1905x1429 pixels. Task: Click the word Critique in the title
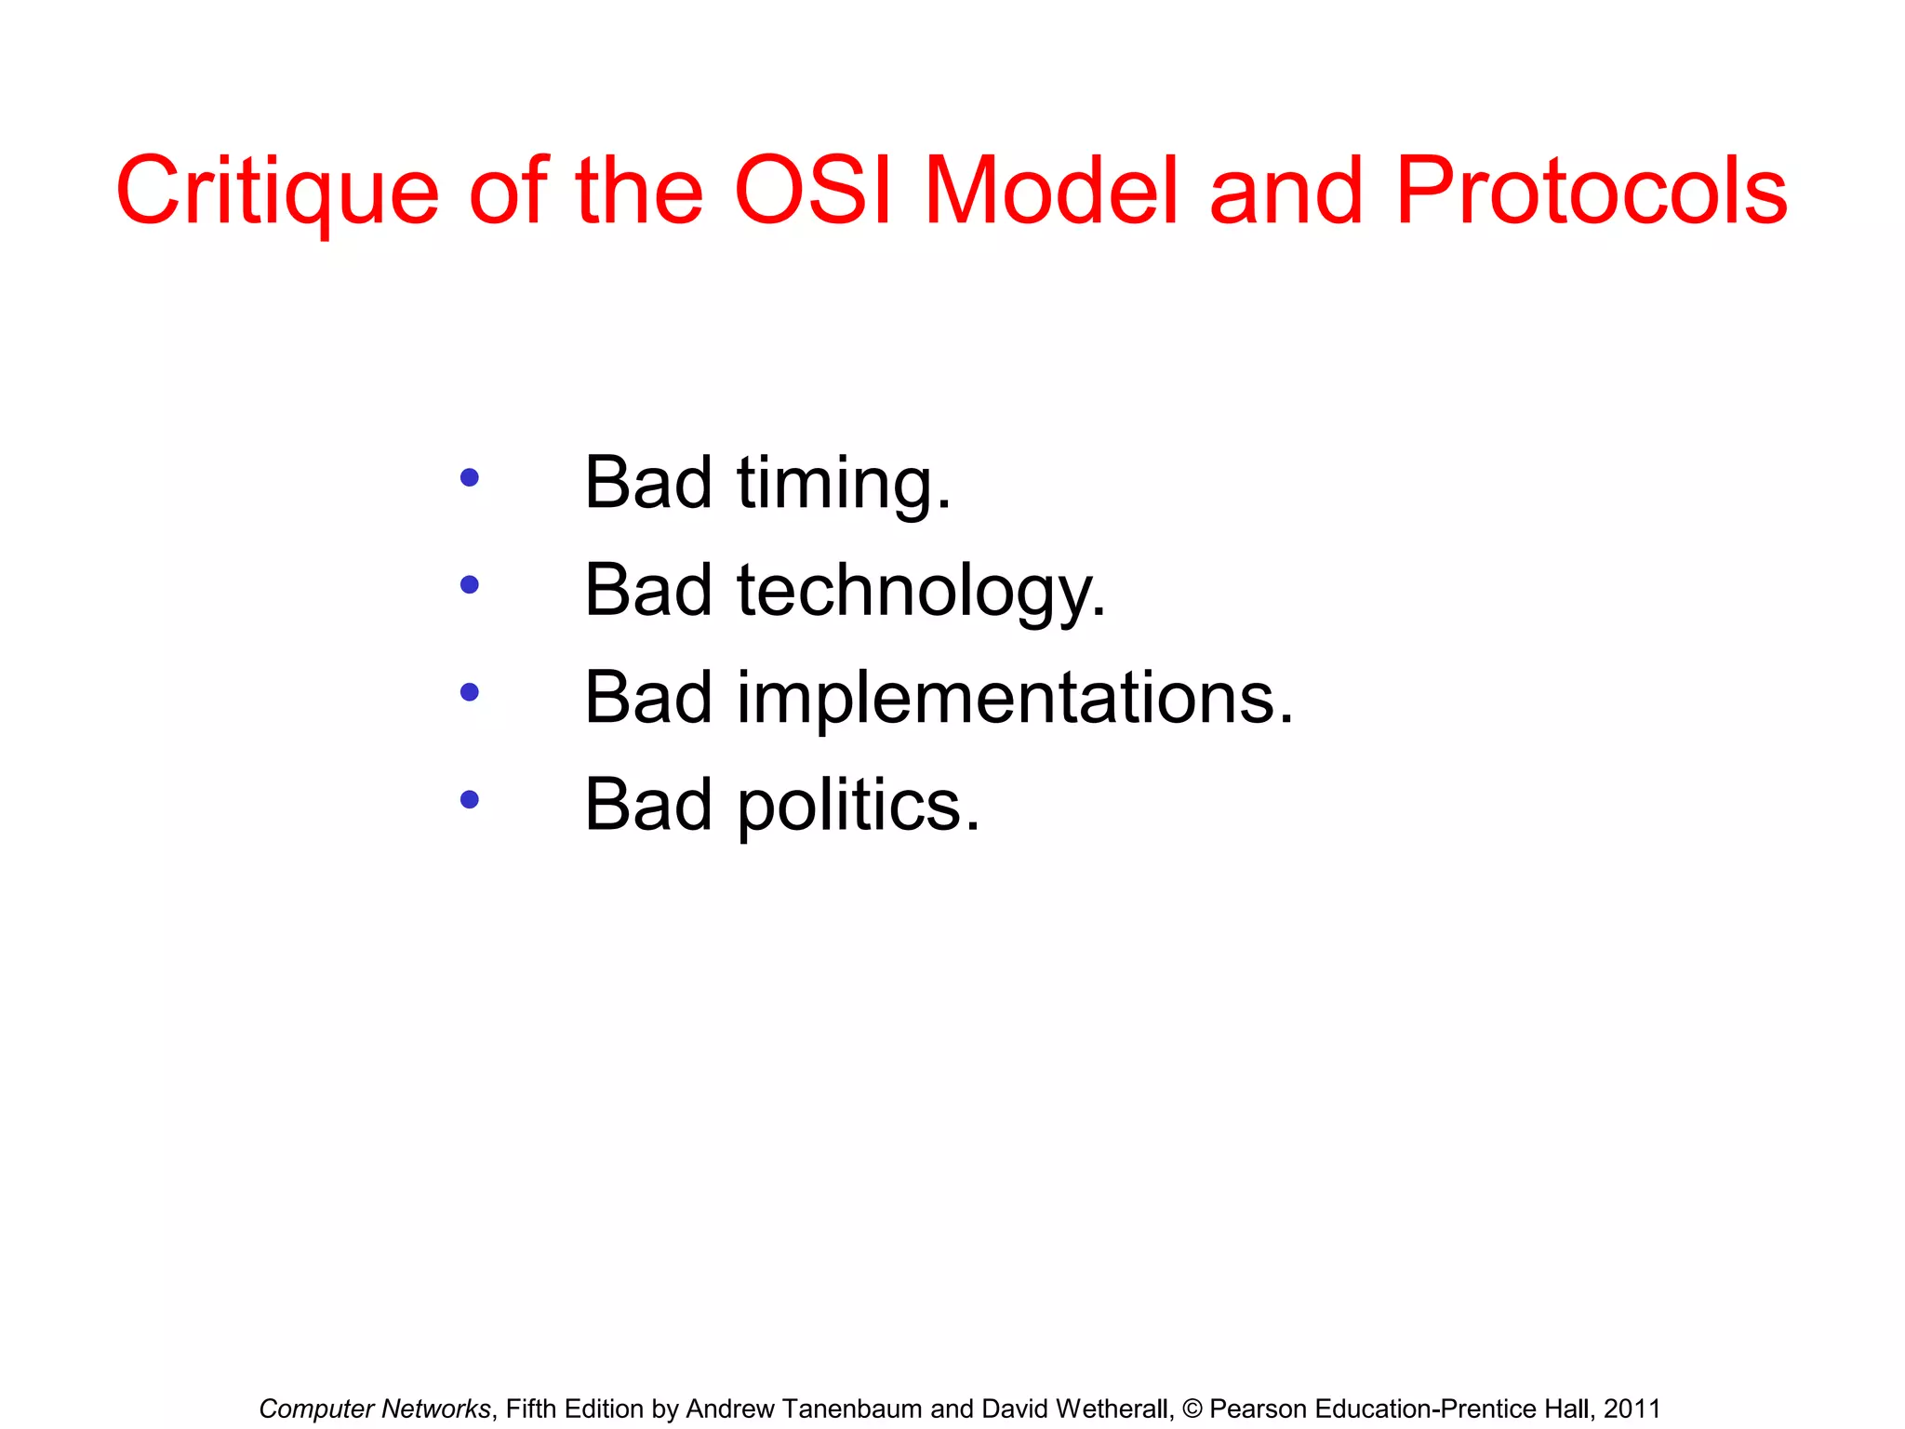pos(276,191)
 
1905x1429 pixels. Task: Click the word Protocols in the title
pos(1591,191)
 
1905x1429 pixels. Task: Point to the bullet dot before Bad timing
pos(470,478)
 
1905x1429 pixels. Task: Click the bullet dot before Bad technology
pos(470,585)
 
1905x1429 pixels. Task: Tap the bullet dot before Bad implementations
pos(470,692)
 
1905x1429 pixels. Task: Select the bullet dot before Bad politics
pos(470,799)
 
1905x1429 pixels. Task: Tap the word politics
pos(858,806)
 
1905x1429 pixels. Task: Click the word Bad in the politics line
pos(648,805)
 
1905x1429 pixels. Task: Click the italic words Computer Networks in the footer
pos(374,1409)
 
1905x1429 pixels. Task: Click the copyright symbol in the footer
pos(1192,1409)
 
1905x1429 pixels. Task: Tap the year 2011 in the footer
pos(1632,1409)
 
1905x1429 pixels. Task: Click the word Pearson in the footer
pos(1259,1409)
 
